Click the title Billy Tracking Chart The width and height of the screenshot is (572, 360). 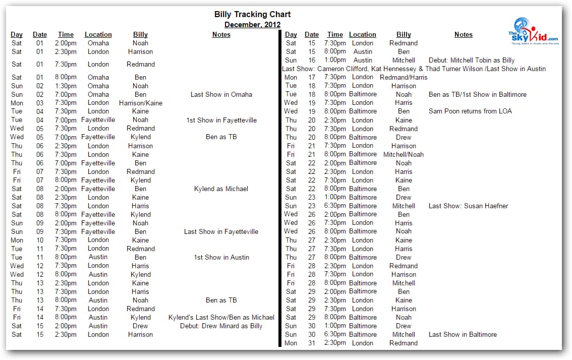252,14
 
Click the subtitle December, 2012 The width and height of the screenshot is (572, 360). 252,24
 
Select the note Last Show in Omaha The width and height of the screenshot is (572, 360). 221,94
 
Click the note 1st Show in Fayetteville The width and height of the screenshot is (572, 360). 221,120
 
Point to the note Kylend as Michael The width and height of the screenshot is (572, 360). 221,189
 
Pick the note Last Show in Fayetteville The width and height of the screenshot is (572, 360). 221,231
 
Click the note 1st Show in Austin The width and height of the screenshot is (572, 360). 221,257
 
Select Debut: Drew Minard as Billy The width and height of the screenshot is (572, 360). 221,326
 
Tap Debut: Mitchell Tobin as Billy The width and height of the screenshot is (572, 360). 472,60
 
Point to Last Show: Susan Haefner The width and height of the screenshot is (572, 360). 468,206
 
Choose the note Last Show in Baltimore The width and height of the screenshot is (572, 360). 463,334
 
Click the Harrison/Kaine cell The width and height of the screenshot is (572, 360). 140,103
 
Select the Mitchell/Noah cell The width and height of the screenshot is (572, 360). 404,154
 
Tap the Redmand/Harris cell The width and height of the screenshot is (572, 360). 404,77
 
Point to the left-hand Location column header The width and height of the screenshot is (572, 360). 98,34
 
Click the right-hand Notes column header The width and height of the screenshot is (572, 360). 463,34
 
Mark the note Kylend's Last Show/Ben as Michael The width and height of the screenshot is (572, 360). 221,317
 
